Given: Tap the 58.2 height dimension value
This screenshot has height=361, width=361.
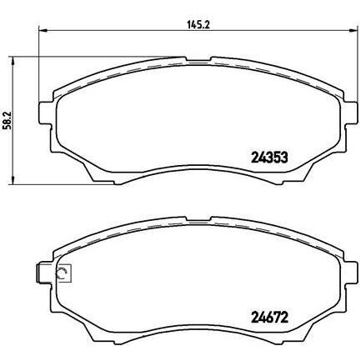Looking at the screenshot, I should point(8,122).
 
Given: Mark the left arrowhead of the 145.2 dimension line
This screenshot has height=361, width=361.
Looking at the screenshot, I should point(41,34).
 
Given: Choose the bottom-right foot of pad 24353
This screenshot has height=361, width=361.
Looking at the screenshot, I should point(292,178).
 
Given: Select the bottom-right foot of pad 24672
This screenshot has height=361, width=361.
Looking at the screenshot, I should point(292,338).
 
